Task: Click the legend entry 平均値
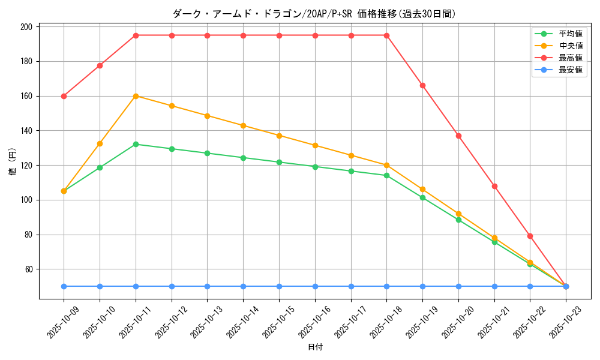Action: pyautogui.click(x=570, y=34)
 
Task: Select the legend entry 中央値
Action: pyautogui.click(x=570, y=46)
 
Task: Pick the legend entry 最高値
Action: pyautogui.click(x=570, y=58)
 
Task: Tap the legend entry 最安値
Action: pyautogui.click(x=570, y=70)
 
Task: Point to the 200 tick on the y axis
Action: pyautogui.click(x=26, y=27)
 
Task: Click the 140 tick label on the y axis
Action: pyautogui.click(x=26, y=131)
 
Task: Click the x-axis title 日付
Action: pyautogui.click(x=315, y=347)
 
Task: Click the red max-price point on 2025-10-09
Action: pyautogui.click(x=64, y=96)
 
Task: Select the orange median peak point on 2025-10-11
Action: pyautogui.click(x=136, y=96)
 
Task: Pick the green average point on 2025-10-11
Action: pyautogui.click(x=136, y=144)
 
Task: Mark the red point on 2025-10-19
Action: pyautogui.click(x=422, y=85)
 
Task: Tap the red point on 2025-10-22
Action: pyautogui.click(x=530, y=236)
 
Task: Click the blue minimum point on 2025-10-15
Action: pyautogui.click(x=279, y=286)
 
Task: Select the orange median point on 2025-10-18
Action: pyautogui.click(x=386, y=165)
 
